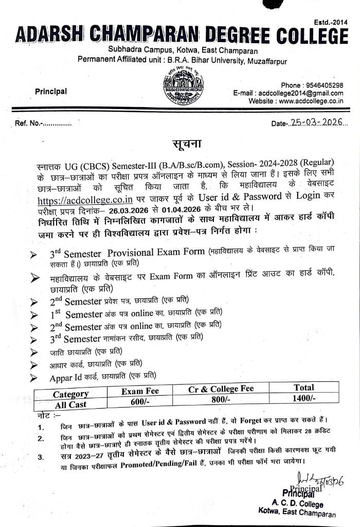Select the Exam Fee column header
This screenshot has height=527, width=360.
click(140, 391)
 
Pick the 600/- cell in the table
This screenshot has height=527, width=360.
click(139, 401)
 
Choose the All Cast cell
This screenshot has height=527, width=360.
click(70, 404)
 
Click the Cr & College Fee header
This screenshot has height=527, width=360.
click(221, 389)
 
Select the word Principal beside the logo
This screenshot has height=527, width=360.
click(51, 92)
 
